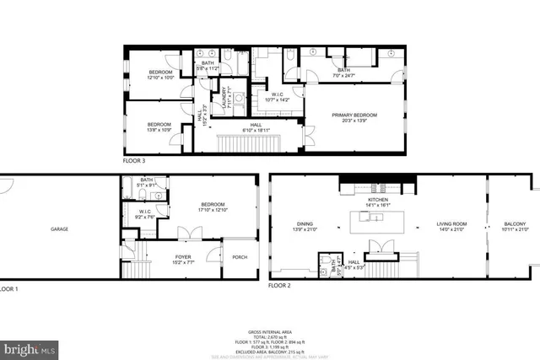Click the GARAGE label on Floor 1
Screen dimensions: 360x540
[58, 229]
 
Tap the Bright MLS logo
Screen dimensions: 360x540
[30, 347]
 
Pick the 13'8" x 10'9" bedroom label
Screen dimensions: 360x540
[159, 127]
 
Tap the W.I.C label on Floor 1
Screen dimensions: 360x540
[144, 213]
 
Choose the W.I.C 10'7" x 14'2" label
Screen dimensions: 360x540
[276, 97]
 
